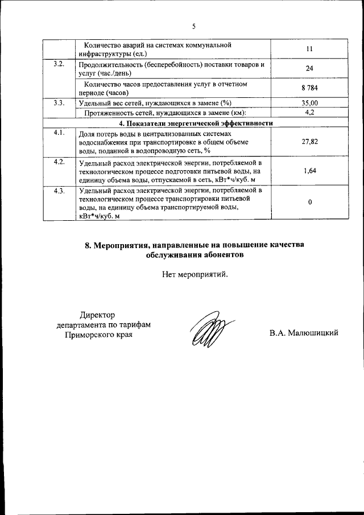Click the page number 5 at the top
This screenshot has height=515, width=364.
click(193, 26)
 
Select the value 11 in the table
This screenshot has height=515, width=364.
click(309, 50)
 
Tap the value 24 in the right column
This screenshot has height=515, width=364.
click(309, 69)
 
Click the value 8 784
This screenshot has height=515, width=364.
click(309, 88)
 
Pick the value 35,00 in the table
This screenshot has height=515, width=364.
click(309, 103)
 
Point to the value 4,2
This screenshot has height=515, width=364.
click(309, 113)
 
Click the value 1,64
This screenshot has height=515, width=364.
click(309, 171)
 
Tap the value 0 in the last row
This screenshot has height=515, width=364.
click(309, 203)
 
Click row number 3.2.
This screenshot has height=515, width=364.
click(59, 64)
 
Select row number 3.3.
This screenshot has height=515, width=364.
click(59, 103)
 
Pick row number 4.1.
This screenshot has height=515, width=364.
click(59, 133)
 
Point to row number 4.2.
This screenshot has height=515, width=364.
click(59, 162)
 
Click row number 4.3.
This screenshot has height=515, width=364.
click(59, 191)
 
